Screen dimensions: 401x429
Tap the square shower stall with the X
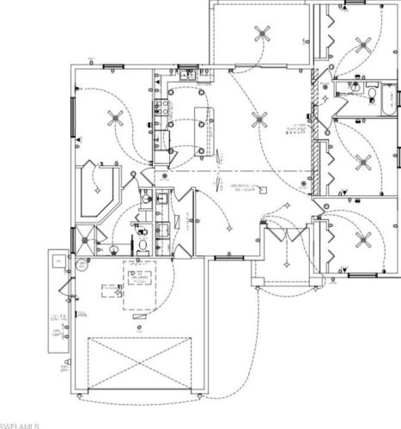tap(84, 238)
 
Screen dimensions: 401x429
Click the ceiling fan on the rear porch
tap(261, 34)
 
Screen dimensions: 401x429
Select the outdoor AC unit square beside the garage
tap(56, 259)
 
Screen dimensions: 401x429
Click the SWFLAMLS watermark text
tap(19, 424)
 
